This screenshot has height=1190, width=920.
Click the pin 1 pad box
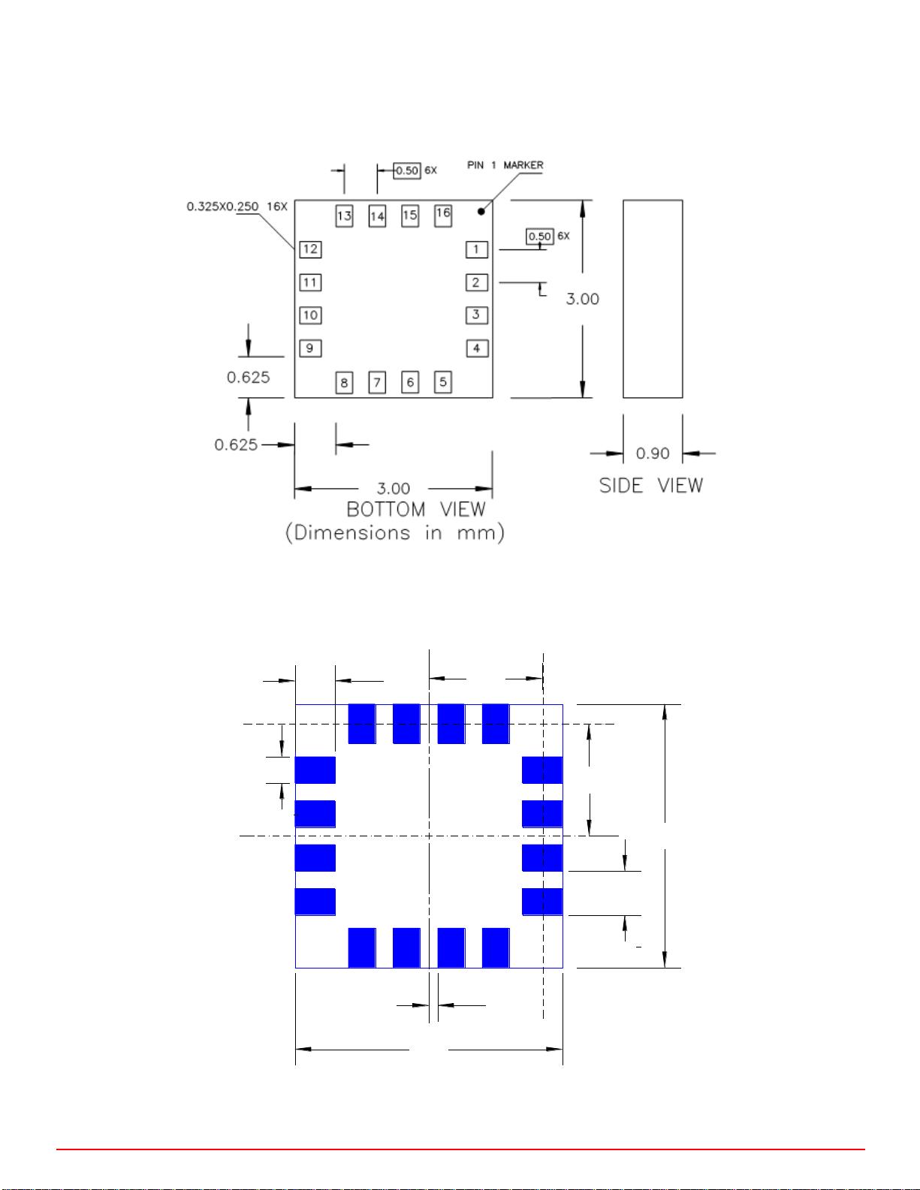(476, 250)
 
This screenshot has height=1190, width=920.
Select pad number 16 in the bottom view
(443, 215)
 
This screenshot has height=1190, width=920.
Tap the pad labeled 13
(344, 215)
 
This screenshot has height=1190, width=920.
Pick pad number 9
(310, 348)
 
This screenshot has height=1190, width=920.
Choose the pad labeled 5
(443, 382)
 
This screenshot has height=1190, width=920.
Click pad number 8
(344, 382)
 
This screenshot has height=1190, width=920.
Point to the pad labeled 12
(310, 250)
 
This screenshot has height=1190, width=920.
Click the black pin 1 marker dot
(481, 212)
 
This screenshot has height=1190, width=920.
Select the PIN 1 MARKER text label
(505, 165)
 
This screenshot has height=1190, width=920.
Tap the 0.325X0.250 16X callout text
(237, 206)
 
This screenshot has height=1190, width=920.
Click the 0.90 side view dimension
(652, 453)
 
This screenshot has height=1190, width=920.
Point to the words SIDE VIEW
(650, 485)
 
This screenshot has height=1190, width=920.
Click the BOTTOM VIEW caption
(415, 509)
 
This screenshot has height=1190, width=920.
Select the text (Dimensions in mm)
(394, 533)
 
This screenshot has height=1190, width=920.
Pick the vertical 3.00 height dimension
(582, 299)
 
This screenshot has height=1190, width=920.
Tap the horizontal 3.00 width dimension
(394, 488)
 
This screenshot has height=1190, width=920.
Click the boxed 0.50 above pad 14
(407, 171)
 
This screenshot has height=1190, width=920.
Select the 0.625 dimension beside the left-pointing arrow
(236, 444)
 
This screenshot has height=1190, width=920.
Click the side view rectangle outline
(623, 299)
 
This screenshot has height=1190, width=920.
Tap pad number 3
(476, 315)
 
